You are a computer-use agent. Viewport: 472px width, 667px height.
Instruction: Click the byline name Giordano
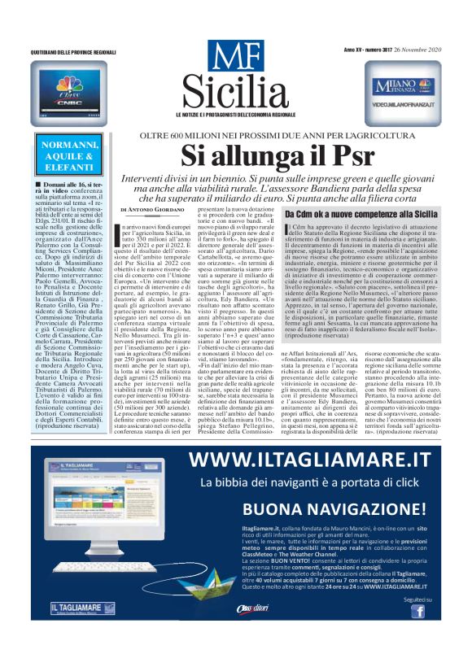click(168, 211)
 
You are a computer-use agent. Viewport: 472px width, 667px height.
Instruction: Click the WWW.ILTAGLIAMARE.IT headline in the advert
click(320, 461)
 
